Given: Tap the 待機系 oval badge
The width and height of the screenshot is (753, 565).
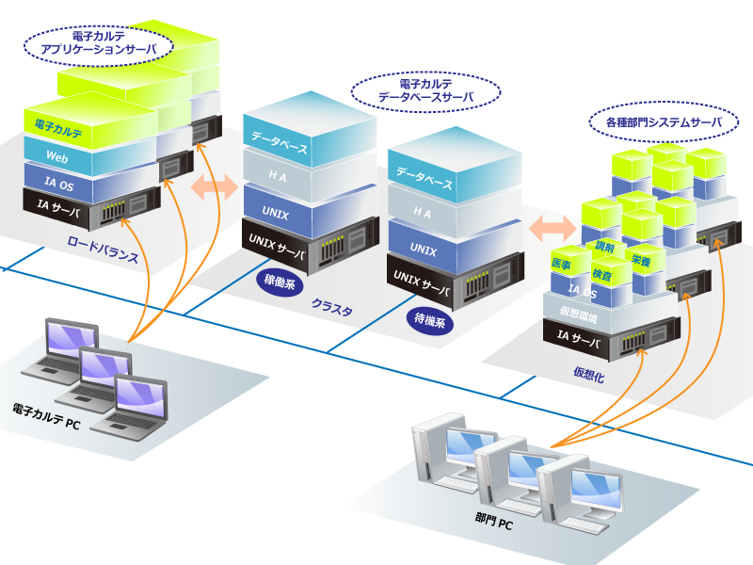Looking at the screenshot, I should point(434,320).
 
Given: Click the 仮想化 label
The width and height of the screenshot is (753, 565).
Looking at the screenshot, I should point(588,374).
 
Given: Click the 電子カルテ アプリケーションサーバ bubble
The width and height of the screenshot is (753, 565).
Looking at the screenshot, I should point(96,43).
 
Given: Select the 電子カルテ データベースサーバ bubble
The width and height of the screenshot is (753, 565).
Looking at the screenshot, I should point(425,90).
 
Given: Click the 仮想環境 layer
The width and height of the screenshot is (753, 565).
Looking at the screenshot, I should point(578,312).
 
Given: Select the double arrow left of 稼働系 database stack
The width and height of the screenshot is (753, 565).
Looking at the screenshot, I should point(215,186).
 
